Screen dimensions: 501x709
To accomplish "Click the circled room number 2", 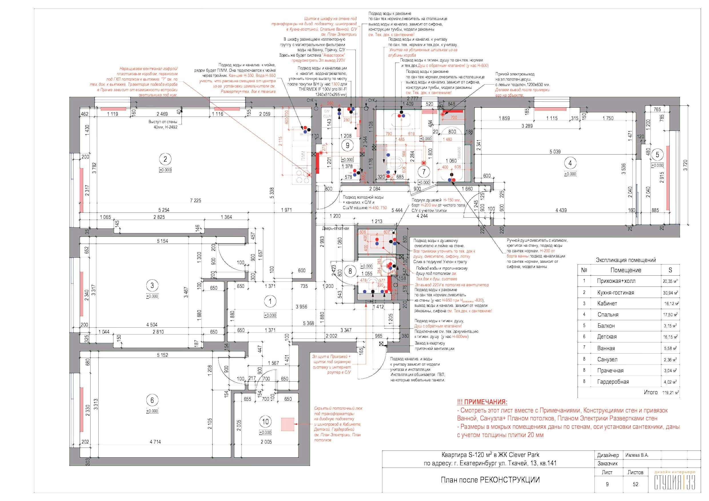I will coord(165,159).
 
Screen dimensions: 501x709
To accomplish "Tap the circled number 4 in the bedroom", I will coord(570,163).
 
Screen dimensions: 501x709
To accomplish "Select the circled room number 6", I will coord(152,400).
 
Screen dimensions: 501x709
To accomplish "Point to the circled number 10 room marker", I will coord(265,422).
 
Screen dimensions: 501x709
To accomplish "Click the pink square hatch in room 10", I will coord(287,424).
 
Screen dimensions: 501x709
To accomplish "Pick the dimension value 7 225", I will coord(195,201).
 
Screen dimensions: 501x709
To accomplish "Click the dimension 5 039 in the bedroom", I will coord(555,152).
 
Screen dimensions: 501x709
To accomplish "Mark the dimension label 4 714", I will coord(155,442).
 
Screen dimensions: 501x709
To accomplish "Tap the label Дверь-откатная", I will coord(335,229).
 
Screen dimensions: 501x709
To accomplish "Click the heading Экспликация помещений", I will coord(626,260).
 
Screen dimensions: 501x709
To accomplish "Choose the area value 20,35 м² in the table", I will coord(670,281).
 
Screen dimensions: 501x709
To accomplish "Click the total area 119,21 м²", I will coord(670,393).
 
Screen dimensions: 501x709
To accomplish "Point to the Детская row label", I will coord(606,337).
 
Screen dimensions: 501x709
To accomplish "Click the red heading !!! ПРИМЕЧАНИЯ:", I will coord(482,402).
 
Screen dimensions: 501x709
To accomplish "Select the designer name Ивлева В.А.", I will coord(637,455).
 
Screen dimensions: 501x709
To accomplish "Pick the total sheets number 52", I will coord(635,484).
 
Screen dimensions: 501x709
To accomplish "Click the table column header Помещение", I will coord(626,270).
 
